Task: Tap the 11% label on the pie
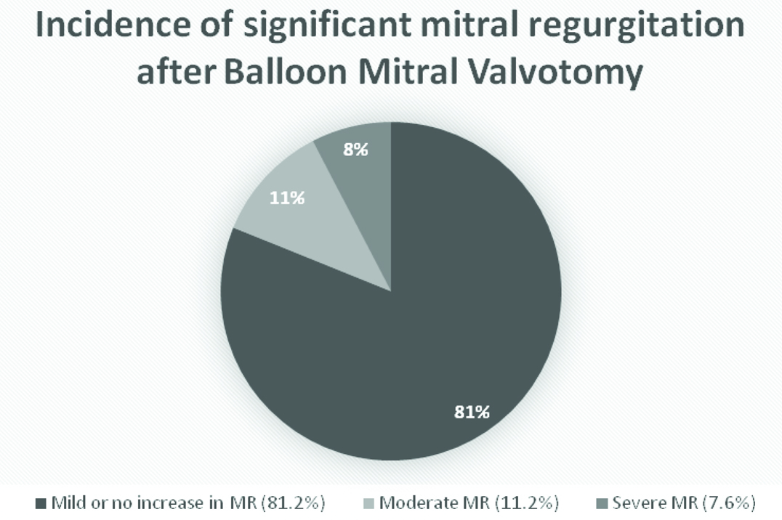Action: [287, 197]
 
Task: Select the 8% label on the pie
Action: [355, 151]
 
